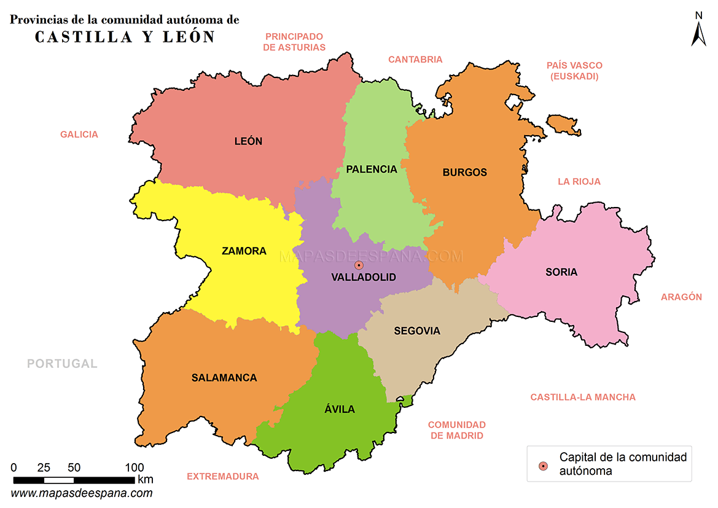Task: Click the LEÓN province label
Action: tap(248, 141)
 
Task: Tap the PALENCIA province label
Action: tap(372, 170)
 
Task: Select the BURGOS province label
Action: tap(464, 173)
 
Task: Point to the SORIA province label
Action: tap(561, 272)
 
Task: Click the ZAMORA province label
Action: tap(244, 251)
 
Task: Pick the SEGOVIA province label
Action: tap(417, 331)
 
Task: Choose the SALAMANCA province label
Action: tap(224, 378)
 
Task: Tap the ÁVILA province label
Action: tap(340, 409)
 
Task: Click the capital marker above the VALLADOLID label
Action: tap(359, 265)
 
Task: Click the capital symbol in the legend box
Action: tap(542, 466)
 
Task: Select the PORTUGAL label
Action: tap(62, 364)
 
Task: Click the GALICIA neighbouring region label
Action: tap(79, 135)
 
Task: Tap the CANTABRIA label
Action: tap(415, 60)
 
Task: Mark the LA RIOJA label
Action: tap(579, 182)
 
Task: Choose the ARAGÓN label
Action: tap(681, 297)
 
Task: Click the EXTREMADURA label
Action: tap(223, 476)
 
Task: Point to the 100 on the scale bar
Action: tap(135, 467)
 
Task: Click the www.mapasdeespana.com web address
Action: tap(82, 493)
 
